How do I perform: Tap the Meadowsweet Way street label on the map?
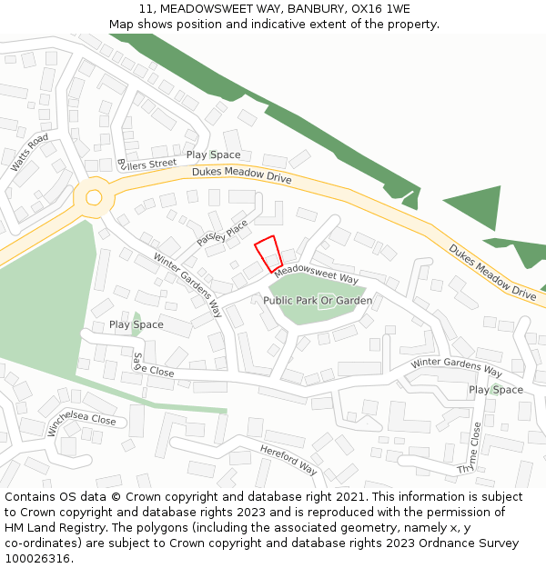click(x=317, y=273)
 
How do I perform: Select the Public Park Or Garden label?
click(x=318, y=300)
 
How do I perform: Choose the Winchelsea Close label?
click(x=82, y=421)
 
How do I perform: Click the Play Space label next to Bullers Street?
click(x=213, y=155)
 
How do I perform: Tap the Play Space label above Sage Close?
click(x=136, y=324)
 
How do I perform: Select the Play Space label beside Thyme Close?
click(x=496, y=390)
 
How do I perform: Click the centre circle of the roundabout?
click(x=93, y=197)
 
